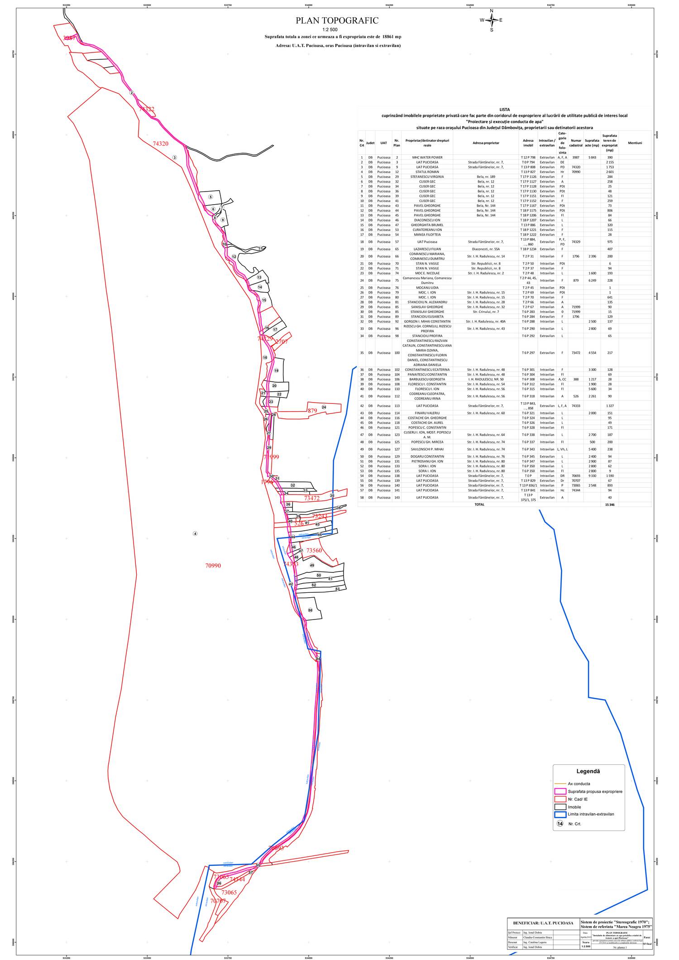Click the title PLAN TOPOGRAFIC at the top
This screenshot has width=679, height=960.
(x=337, y=21)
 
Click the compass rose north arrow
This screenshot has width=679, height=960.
(x=492, y=20)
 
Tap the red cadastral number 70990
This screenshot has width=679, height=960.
(x=213, y=566)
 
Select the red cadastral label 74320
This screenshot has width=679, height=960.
(x=160, y=144)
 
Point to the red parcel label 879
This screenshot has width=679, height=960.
(x=312, y=411)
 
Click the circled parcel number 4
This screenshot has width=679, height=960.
(x=195, y=533)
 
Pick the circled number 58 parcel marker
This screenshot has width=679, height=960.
(x=310, y=610)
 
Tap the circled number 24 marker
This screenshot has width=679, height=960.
(x=324, y=407)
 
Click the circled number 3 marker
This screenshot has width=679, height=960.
(x=174, y=157)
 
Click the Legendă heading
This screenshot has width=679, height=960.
(x=588, y=771)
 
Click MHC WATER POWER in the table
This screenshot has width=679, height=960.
(x=427, y=158)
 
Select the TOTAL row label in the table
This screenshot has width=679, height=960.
(x=479, y=504)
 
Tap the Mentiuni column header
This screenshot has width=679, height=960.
(x=635, y=143)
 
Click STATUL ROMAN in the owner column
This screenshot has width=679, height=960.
(x=427, y=172)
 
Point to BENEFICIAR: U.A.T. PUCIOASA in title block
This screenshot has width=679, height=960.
(x=543, y=922)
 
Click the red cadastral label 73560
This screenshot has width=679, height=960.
(x=314, y=550)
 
